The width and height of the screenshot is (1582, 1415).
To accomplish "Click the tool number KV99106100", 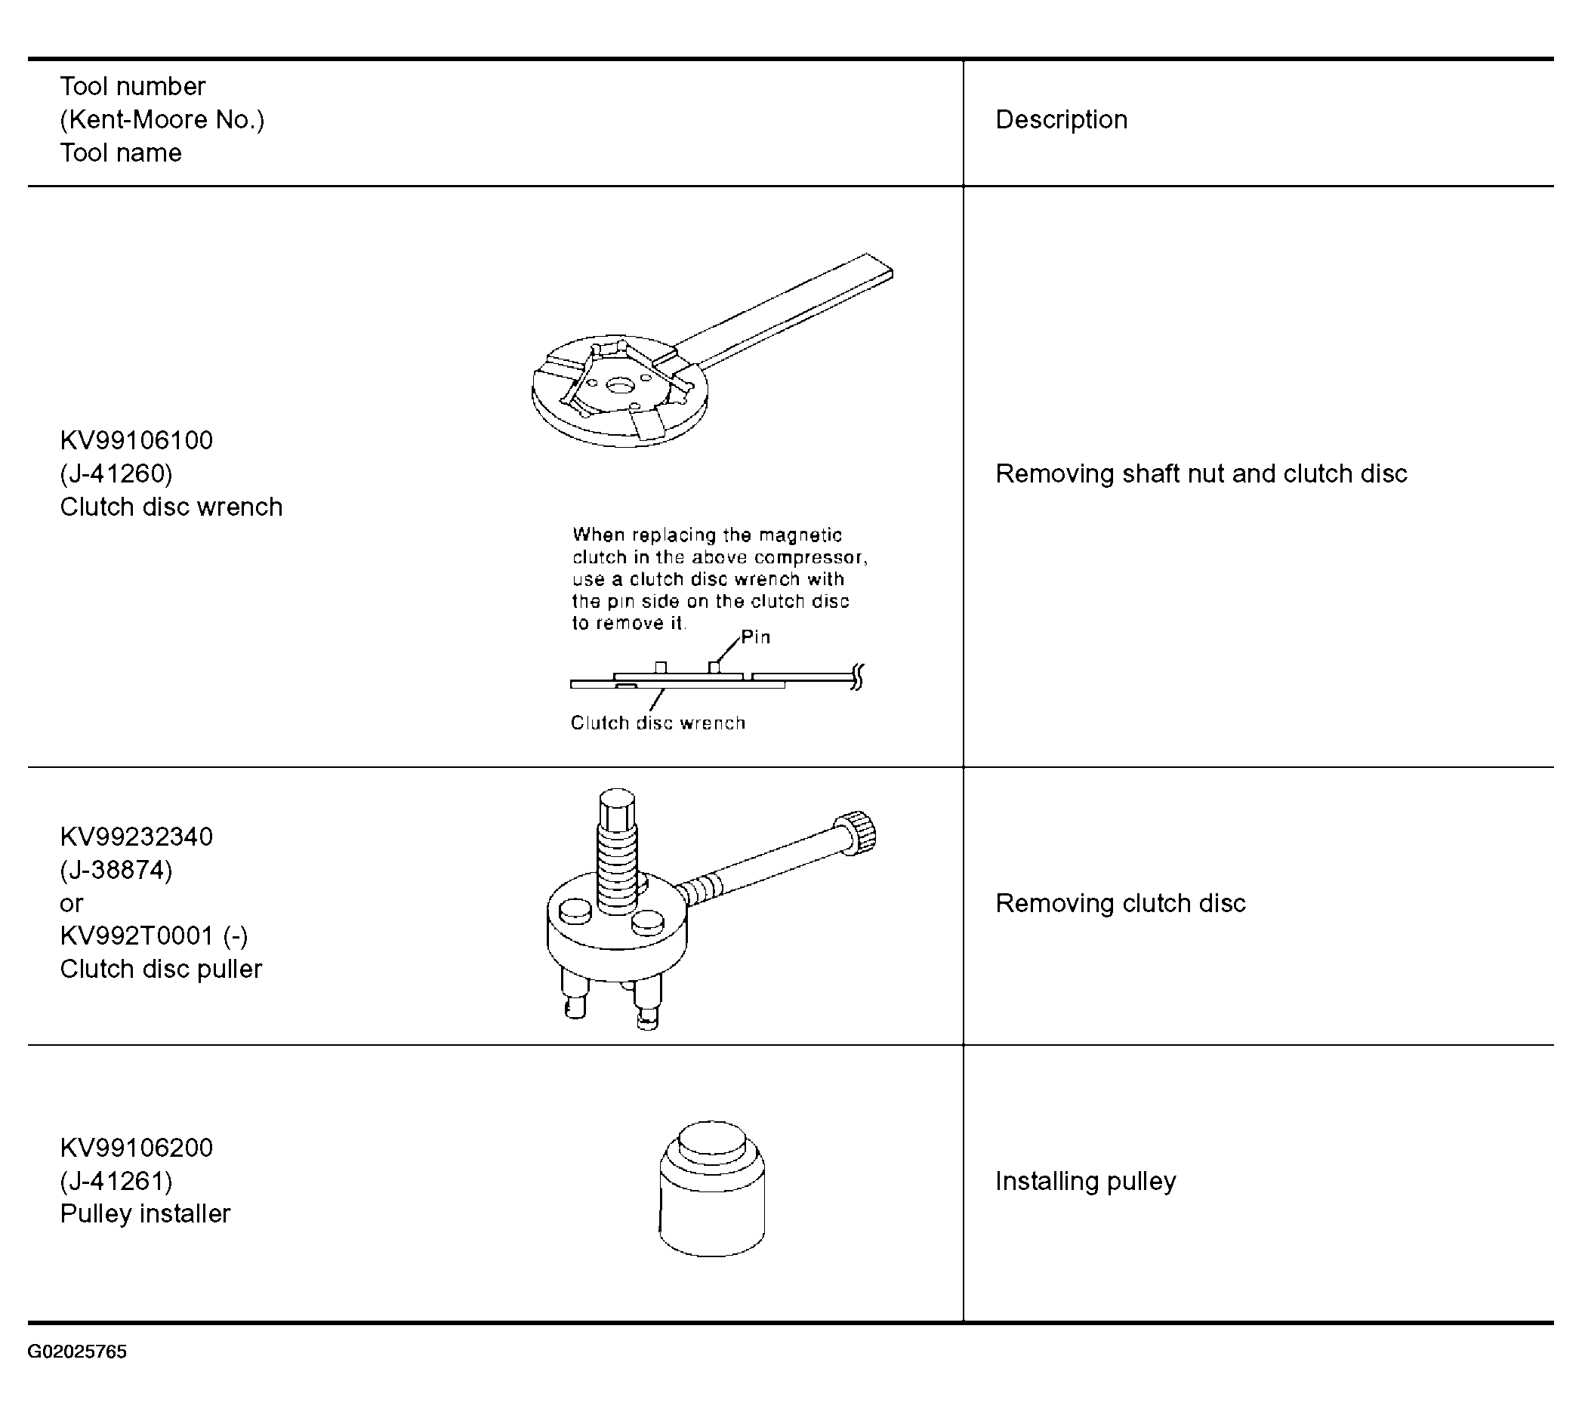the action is (136, 440).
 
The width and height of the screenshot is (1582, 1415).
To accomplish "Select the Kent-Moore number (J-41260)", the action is (116, 473).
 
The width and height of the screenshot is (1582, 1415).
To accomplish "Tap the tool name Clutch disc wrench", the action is (171, 507).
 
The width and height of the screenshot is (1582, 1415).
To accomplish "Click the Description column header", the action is (1061, 120).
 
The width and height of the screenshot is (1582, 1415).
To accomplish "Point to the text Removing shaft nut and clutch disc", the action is (1201, 473).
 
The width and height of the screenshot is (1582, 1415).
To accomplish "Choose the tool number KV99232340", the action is (136, 837).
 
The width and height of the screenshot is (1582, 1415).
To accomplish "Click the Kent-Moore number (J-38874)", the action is (116, 869).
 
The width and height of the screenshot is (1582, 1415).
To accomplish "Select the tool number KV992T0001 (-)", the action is (154, 936).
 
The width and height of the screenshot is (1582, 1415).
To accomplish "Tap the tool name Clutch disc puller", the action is (161, 969).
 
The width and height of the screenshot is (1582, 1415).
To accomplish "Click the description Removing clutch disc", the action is (1120, 902).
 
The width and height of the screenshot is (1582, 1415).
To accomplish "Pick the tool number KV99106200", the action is (136, 1148).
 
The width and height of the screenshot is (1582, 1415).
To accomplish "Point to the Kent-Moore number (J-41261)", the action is (116, 1181).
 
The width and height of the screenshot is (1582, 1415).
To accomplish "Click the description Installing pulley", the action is (1085, 1181).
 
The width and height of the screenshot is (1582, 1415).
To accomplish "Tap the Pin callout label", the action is (755, 637).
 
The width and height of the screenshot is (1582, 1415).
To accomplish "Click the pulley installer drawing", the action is (711, 1188).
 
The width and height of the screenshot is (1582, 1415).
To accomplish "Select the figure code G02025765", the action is (77, 1352).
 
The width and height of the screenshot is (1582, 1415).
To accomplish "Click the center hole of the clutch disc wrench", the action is (619, 386).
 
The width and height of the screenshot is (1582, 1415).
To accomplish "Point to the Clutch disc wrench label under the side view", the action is (658, 723).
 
